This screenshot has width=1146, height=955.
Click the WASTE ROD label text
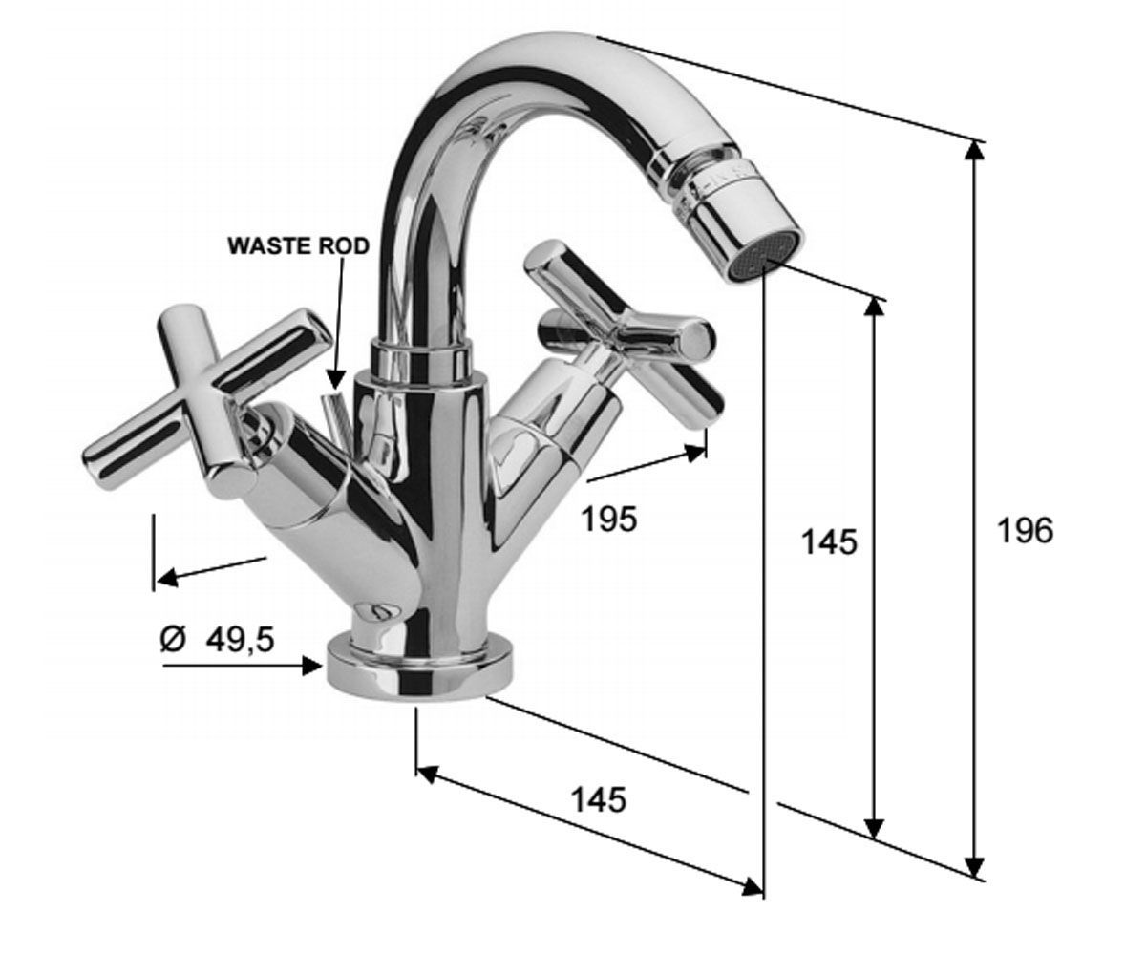click(x=299, y=246)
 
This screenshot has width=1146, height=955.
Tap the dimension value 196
click(x=1026, y=531)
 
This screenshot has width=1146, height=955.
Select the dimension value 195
click(x=608, y=519)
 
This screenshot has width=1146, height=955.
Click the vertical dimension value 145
click(x=829, y=542)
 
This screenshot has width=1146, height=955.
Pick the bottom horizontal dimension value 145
click(x=598, y=799)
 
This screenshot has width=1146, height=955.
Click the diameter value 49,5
click(x=240, y=640)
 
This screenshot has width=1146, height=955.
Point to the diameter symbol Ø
click(x=173, y=640)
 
